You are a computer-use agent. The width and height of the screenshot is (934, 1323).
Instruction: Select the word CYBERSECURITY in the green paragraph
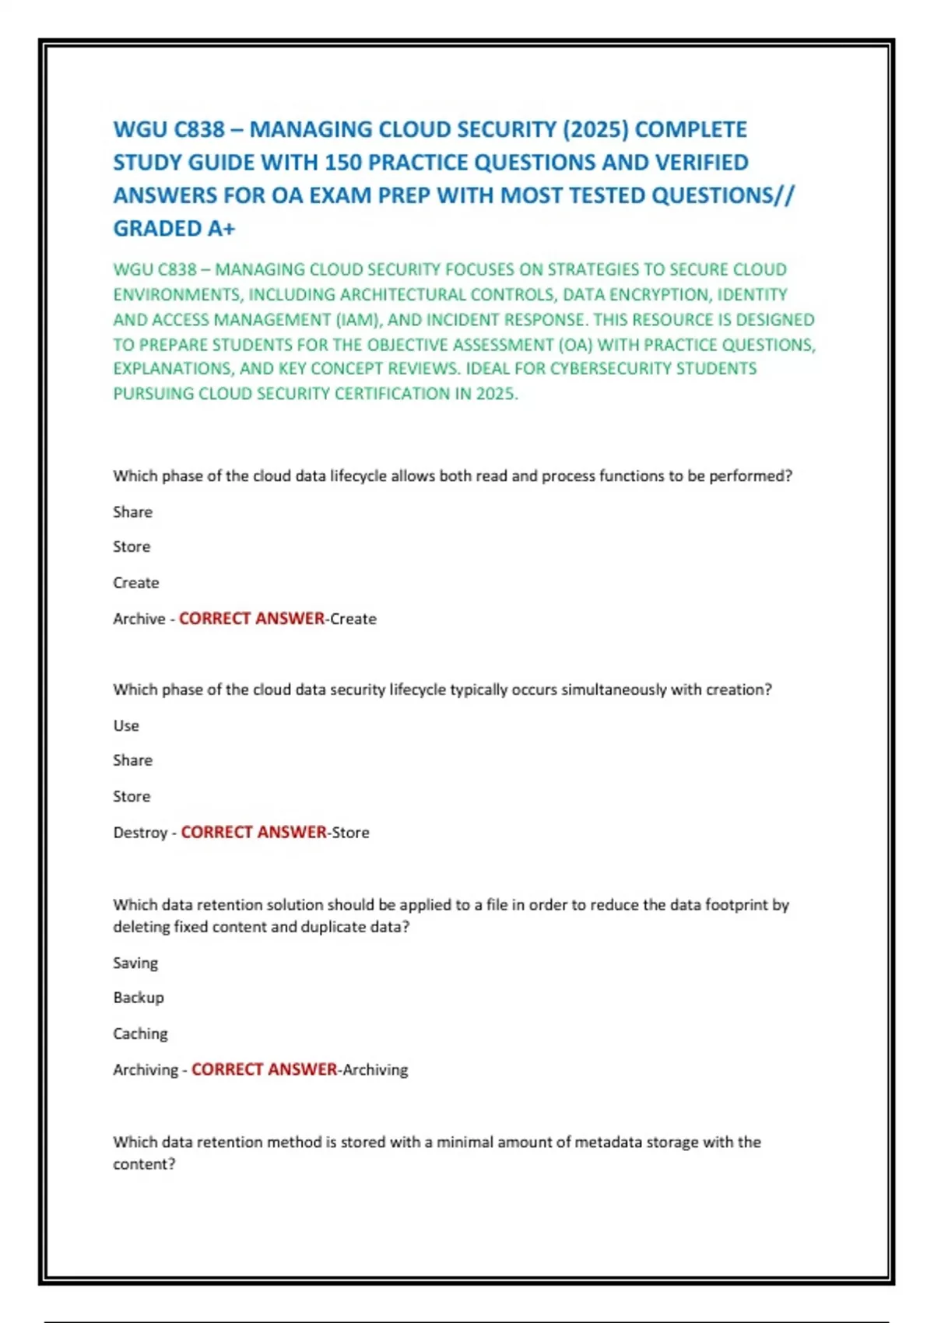(x=610, y=369)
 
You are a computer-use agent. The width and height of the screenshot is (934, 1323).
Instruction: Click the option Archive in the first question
(x=139, y=619)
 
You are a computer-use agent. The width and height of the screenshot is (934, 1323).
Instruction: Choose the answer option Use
(x=126, y=726)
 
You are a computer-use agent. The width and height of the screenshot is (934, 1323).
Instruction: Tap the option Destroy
(x=140, y=833)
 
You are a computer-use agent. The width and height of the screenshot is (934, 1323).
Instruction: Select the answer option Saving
(x=135, y=963)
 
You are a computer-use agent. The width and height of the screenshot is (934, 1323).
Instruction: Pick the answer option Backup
(x=139, y=998)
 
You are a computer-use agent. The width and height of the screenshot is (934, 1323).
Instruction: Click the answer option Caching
(x=140, y=1034)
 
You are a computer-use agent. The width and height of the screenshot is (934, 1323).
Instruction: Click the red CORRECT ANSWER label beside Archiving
(x=264, y=1070)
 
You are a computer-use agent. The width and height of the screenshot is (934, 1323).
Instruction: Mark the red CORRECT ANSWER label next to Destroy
(x=254, y=833)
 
